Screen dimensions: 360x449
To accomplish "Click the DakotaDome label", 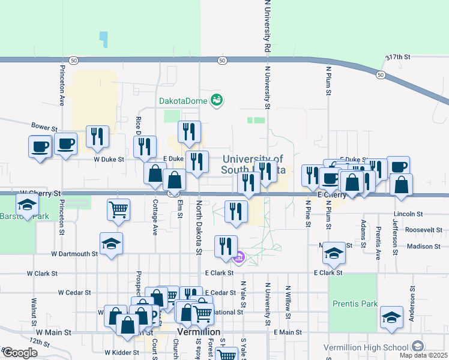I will point(183,100).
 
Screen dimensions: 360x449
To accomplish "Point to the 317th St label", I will point(397,57).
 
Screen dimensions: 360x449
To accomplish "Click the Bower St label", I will point(44,128).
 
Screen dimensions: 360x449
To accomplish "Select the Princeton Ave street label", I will point(62,86).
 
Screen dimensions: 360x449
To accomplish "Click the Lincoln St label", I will point(409,214).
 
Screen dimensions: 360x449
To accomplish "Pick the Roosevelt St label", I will point(423,230).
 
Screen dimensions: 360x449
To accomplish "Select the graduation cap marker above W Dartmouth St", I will point(111,244).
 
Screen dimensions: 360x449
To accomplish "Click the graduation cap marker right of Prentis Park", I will point(391,317).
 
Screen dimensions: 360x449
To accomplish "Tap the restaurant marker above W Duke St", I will point(97,137).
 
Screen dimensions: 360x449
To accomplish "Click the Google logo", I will point(20,353).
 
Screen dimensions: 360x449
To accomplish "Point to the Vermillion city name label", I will point(199,332).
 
